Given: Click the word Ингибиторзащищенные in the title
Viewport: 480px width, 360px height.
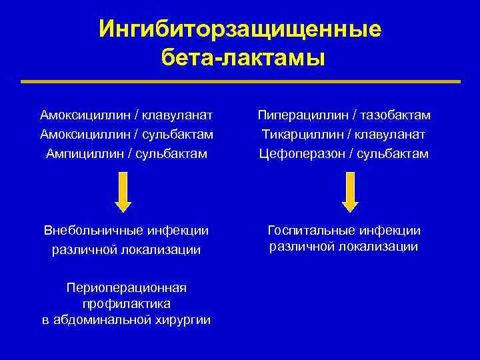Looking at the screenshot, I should [240, 29].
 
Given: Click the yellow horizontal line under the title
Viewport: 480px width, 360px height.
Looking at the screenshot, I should [240, 82].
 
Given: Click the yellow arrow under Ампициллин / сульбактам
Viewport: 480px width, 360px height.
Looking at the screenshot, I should [123, 191].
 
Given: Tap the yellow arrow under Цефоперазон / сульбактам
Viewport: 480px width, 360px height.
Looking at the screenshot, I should [350, 191].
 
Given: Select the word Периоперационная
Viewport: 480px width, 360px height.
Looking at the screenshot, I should [126, 288].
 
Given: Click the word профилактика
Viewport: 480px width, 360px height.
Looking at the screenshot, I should [126, 304].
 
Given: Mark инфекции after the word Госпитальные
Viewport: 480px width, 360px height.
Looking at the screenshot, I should [389, 231].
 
